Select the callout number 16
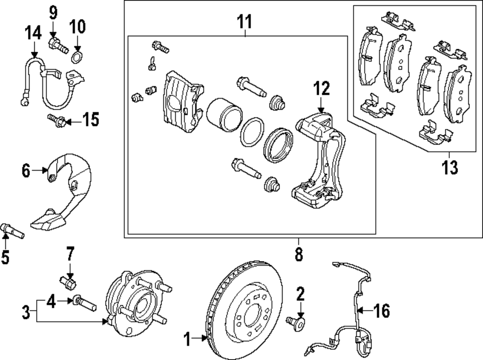tap(382, 311)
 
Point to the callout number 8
tap(298, 254)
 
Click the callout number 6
tap(26, 170)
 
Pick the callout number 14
tap(33, 34)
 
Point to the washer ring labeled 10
tap(77, 58)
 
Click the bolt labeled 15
tap(56, 121)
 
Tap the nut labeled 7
tap(68, 281)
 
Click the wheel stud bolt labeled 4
tap(85, 303)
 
